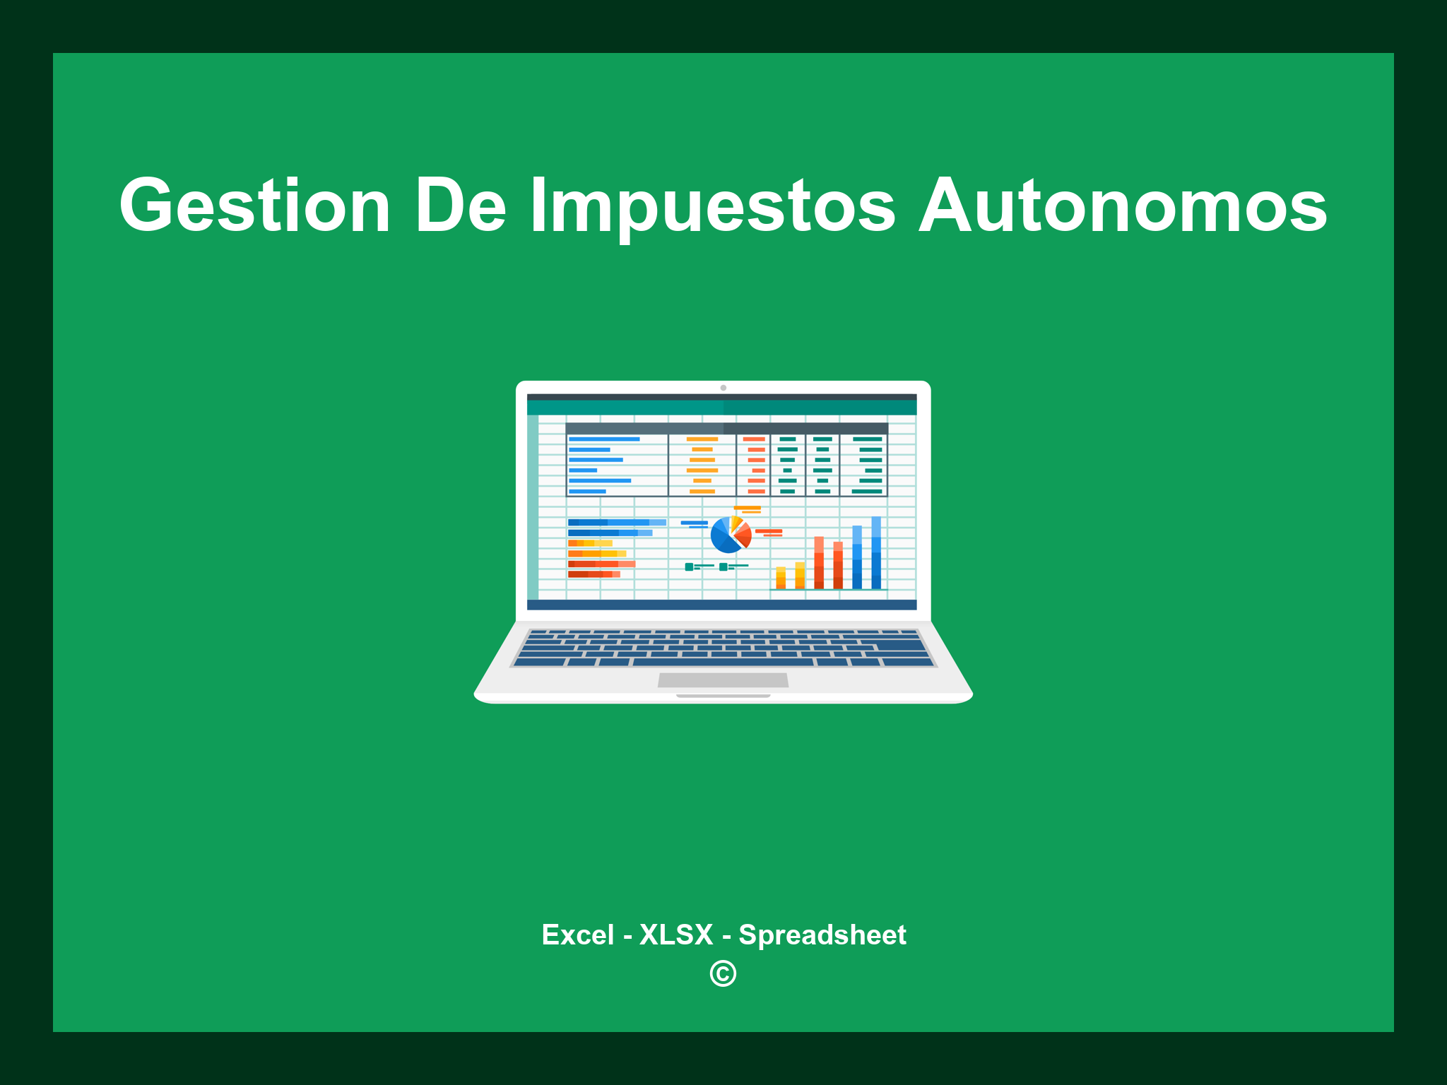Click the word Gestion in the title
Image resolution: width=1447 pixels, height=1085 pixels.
click(x=254, y=206)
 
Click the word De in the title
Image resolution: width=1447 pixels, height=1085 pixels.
click(x=460, y=206)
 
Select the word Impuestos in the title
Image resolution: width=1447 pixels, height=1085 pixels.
click(x=712, y=206)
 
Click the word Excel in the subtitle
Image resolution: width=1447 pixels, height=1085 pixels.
click(x=577, y=935)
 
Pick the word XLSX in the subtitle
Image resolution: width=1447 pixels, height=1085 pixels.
click(x=676, y=935)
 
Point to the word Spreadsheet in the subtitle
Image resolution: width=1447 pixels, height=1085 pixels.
click(x=822, y=935)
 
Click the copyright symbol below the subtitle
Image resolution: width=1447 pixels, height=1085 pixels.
click(x=723, y=974)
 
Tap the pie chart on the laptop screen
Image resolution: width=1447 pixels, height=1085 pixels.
click(x=730, y=535)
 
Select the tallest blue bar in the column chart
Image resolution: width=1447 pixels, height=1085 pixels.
click(x=876, y=552)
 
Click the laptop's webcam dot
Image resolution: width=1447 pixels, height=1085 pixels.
click(x=723, y=388)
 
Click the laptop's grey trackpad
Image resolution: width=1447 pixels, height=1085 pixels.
click(x=723, y=680)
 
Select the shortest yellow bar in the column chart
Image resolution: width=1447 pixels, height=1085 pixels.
click(x=781, y=578)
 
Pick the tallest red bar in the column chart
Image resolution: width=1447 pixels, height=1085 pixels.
click(x=819, y=563)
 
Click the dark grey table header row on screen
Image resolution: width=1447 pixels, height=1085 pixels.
click(x=726, y=429)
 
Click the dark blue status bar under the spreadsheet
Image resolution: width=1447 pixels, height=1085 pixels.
click(x=721, y=605)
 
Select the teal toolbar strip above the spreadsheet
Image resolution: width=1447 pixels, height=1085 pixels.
click(x=721, y=408)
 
